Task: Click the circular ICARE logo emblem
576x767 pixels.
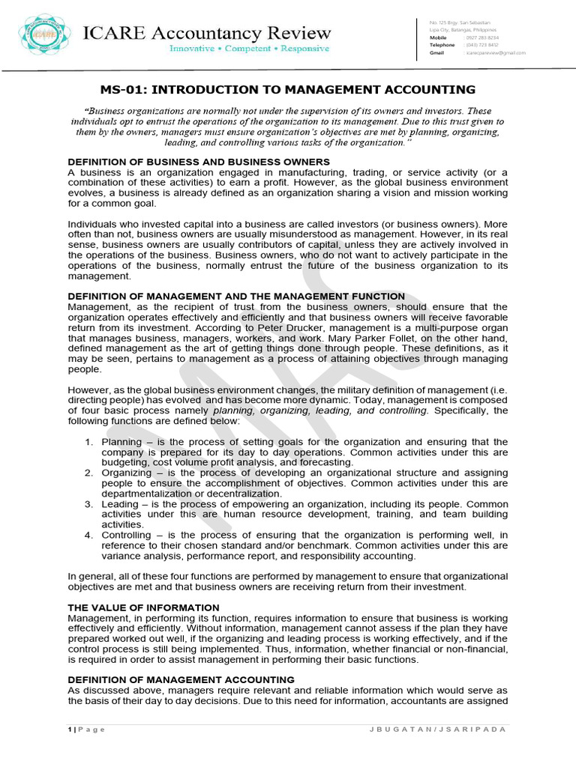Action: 40,35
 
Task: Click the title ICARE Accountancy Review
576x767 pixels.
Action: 206,32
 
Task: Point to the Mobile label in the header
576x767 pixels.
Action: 437,37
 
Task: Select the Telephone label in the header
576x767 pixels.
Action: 440,45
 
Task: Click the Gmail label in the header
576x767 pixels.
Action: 436,53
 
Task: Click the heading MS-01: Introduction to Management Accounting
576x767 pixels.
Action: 287,90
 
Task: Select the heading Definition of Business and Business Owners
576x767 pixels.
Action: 199,162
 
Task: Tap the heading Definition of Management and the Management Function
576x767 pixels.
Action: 236,297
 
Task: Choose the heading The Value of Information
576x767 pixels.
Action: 143,607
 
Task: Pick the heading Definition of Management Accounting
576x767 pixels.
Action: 181,679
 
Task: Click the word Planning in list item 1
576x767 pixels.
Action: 121,442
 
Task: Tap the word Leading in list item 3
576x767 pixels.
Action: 120,504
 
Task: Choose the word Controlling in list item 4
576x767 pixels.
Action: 127,536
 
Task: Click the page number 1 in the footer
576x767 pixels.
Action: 70,730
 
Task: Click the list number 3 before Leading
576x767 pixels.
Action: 88,504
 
